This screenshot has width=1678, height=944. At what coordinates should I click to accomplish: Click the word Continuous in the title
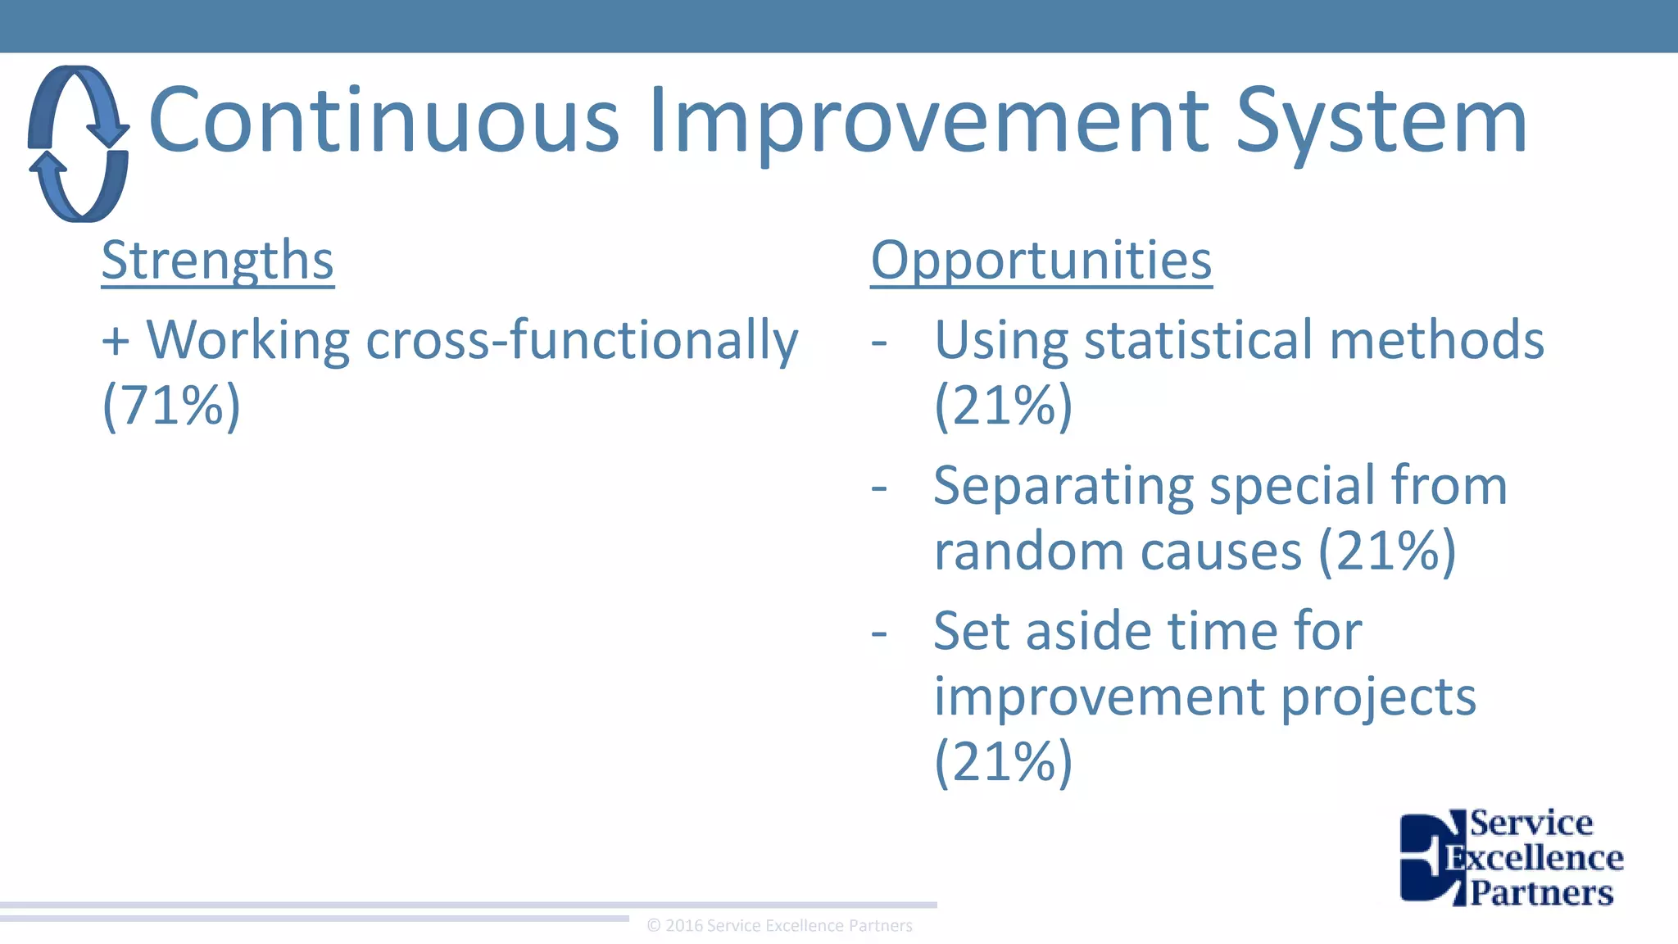(x=383, y=121)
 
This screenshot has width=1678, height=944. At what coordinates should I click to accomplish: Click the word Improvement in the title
(x=928, y=121)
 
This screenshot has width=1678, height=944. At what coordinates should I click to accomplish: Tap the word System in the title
(x=1381, y=121)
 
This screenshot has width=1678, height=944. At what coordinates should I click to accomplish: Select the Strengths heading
(x=217, y=261)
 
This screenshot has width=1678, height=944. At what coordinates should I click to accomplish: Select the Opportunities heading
(x=1041, y=261)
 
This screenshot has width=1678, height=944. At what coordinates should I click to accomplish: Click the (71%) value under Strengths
(x=171, y=405)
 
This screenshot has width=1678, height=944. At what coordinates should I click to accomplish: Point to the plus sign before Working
(x=116, y=341)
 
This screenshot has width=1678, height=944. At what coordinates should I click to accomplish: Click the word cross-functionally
(x=582, y=341)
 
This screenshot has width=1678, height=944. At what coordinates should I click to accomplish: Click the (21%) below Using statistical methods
(x=1003, y=405)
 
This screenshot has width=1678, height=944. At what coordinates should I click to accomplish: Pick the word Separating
(x=1063, y=487)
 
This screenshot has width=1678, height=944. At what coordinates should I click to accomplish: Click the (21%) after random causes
(x=1386, y=551)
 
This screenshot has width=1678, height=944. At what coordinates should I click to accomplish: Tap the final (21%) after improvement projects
(x=1003, y=762)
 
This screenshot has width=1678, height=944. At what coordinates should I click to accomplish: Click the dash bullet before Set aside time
(x=879, y=633)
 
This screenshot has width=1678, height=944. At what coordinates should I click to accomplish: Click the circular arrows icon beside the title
(x=79, y=143)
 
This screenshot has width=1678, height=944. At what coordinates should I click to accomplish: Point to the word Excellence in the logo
(x=1534, y=858)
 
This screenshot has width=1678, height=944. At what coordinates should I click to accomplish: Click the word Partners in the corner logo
(x=1541, y=892)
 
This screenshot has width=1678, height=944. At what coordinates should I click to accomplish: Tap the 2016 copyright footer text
(x=779, y=926)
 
